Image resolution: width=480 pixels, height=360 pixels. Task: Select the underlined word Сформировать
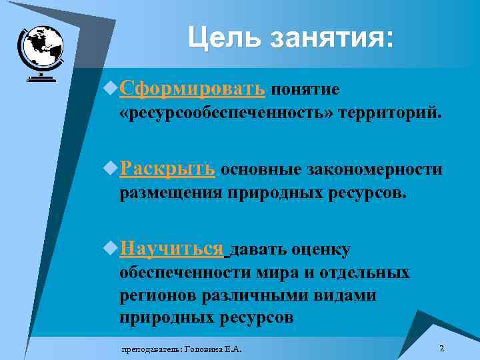coord(193,89)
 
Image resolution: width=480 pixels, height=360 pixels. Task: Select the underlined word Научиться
coord(172,249)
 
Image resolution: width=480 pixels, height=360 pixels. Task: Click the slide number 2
coord(442,349)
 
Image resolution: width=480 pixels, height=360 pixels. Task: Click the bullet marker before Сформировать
coord(111,89)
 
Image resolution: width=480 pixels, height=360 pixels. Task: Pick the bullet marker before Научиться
coord(111,249)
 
